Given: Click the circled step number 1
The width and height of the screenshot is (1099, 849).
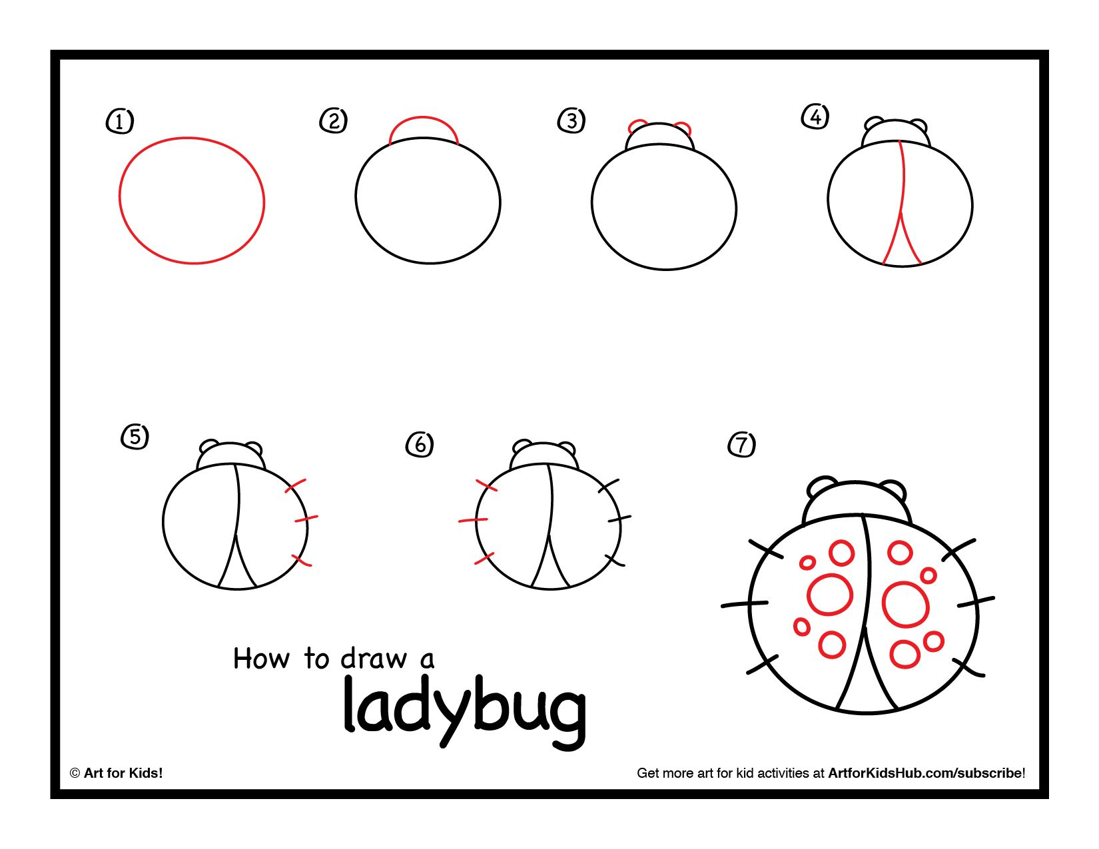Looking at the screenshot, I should pos(120,121).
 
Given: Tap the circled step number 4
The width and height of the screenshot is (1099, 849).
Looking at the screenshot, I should pos(815,117).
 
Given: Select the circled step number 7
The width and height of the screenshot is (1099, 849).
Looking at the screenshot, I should pos(742,444).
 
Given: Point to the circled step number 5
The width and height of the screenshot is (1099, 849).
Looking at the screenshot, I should pos(135,437).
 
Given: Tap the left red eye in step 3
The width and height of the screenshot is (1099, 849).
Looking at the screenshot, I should pos(637,125).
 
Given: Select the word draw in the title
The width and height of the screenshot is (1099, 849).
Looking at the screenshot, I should pos(374,659).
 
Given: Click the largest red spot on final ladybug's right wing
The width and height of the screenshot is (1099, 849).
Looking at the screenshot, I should pos(905,605).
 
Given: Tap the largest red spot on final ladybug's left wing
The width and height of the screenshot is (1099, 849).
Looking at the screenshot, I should pos(830,595).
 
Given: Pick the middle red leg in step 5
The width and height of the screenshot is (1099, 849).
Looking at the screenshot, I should pos(306,518).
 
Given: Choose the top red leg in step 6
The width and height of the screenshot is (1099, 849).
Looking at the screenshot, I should pos(487,485).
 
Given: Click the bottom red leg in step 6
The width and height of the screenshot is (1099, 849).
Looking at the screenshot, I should pos(484,559).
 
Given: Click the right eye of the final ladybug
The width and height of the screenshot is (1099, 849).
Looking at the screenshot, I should pos(894,489).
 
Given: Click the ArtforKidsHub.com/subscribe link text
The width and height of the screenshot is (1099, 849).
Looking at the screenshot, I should pos(925,773).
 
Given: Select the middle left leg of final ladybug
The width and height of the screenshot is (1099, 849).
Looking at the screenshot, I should pos(745,605).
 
